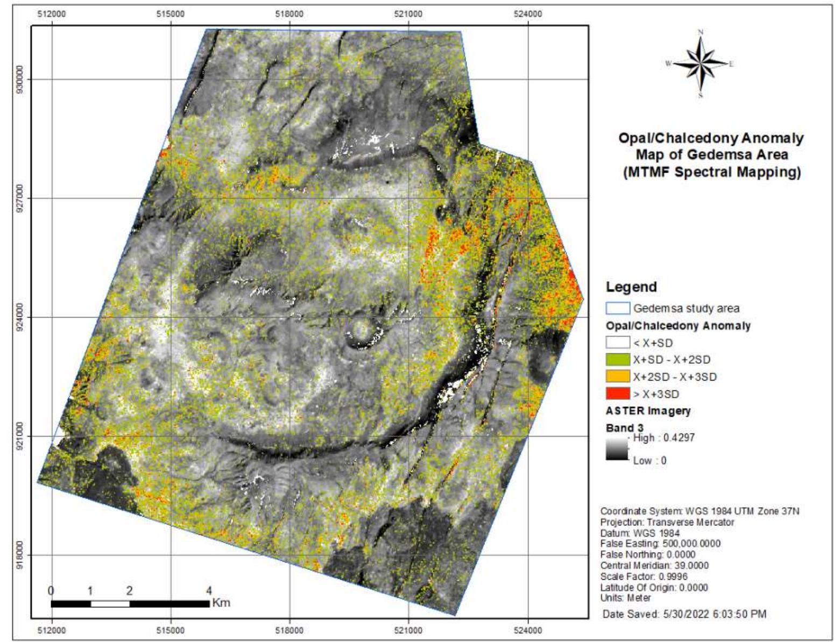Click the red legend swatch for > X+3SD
pos(617,393)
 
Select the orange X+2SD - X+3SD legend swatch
pos(617,376)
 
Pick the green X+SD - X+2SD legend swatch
pos(617,359)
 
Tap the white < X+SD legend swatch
pos(617,342)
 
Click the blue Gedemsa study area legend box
pos(617,308)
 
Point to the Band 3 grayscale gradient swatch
pos(617,449)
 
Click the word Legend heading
pos(631,287)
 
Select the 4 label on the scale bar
pos(209,590)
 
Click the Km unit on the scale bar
pos(221,603)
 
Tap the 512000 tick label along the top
pos(52,14)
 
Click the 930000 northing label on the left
pos(20,80)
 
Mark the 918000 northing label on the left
pos(20,555)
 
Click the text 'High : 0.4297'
pos(663,438)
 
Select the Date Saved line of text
pos(684,614)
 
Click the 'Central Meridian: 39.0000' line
pos(654,566)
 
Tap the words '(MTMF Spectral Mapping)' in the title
pos(711,172)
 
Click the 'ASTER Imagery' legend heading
pos(648,411)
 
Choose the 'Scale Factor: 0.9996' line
pos(644,576)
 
